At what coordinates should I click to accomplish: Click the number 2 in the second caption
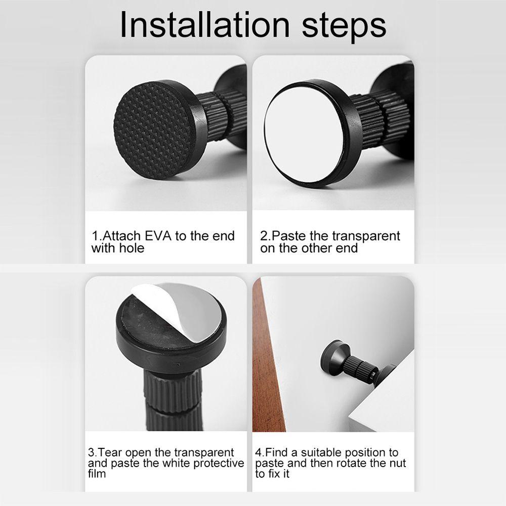(264, 236)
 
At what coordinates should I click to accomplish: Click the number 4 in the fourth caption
(258, 452)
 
